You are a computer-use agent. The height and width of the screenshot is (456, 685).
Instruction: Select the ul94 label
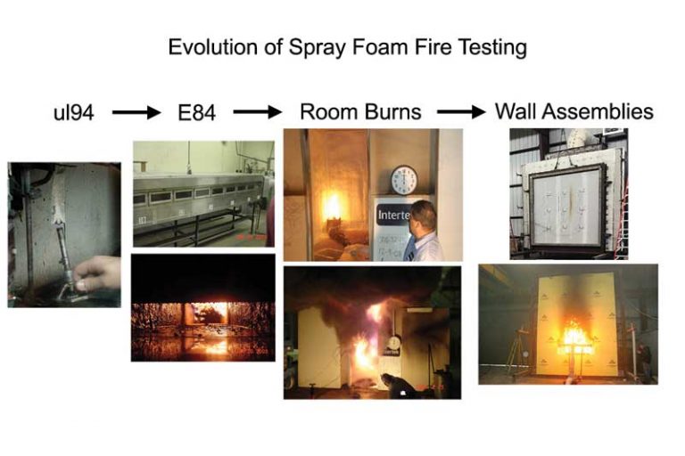pyautogui.click(x=73, y=112)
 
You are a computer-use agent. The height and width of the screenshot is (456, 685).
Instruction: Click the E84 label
pyautogui.click(x=196, y=112)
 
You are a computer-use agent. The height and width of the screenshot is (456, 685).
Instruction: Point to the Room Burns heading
pyautogui.click(x=360, y=111)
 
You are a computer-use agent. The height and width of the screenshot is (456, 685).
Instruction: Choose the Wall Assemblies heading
pyautogui.click(x=574, y=111)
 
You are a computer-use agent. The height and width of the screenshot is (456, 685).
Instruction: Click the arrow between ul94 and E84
pyautogui.click(x=136, y=112)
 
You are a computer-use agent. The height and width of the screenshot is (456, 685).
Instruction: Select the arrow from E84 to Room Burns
pyautogui.click(x=258, y=112)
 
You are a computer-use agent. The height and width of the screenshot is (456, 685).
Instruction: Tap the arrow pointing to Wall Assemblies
pyautogui.click(x=461, y=112)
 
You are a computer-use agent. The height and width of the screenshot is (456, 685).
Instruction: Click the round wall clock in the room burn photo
pyautogui.click(x=404, y=180)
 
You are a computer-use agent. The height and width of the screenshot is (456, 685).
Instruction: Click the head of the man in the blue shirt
pyautogui.click(x=423, y=217)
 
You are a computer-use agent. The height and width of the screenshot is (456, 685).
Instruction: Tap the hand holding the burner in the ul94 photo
pyautogui.click(x=97, y=273)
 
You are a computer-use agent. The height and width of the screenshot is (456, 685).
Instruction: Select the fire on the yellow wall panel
pyautogui.click(x=576, y=334)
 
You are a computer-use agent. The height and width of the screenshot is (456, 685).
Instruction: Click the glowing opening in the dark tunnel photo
pyautogui.click(x=209, y=313)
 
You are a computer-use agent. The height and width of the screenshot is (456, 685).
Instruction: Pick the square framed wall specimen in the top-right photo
pyautogui.click(x=567, y=207)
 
